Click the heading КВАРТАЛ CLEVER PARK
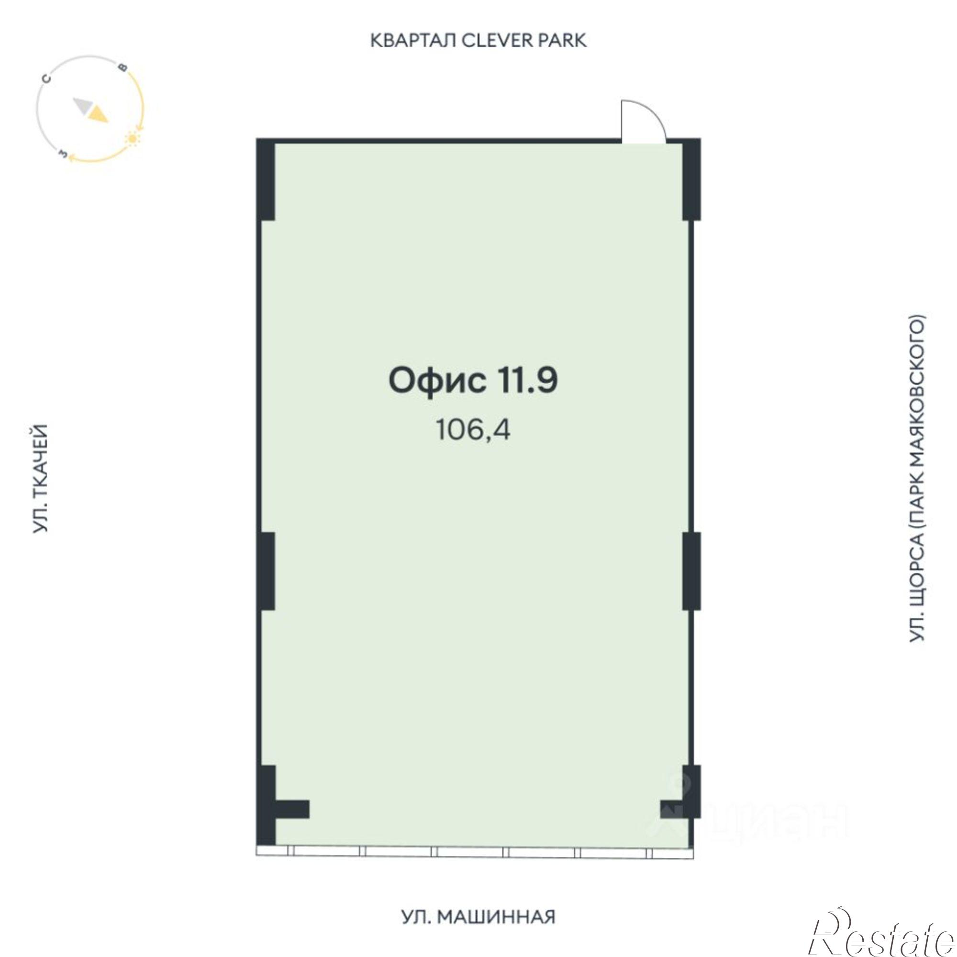coord(478,41)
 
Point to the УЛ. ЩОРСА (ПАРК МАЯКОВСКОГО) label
coord(917,478)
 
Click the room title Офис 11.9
coord(473,381)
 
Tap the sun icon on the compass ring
coord(133,139)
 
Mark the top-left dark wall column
coord(266,180)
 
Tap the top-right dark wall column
coord(691,180)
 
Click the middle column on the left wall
coord(266,571)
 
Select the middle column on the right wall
coord(691,571)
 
